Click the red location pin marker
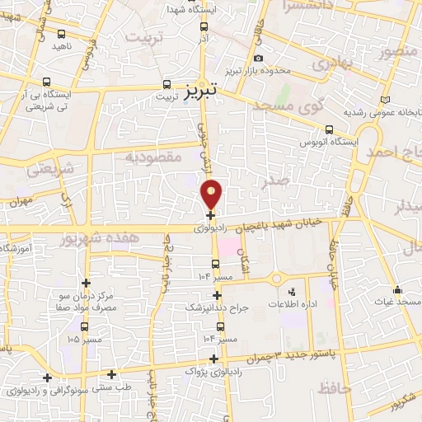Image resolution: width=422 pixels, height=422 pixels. (212, 194)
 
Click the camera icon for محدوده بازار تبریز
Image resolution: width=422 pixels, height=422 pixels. (259, 58)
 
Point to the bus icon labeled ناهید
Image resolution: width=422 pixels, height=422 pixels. (63, 34)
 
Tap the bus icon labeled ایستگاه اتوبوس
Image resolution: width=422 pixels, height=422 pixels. (329, 129)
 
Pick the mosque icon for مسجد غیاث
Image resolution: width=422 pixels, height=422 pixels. (397, 289)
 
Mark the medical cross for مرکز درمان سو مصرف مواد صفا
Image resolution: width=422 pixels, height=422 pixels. (86, 283)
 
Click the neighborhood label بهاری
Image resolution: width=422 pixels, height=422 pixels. (335, 61)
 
